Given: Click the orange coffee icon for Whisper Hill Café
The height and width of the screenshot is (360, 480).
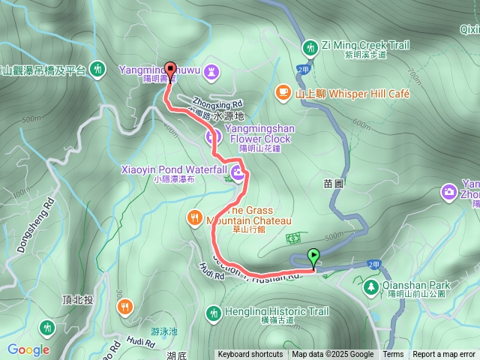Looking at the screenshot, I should click(283, 91).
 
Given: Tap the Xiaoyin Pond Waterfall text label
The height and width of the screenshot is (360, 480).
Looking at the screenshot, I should click(173, 170).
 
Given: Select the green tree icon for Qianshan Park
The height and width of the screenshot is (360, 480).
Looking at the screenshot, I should click(370, 287).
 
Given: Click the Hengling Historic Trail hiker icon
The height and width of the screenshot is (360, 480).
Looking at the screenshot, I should click(214, 312).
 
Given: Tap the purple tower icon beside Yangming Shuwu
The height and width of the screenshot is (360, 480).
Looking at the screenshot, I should click(214, 70).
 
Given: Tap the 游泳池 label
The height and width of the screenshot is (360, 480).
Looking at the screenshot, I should click(164, 331).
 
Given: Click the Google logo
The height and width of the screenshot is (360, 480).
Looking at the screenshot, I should click(28, 349).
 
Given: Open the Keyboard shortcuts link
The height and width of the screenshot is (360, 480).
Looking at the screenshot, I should click(250, 355).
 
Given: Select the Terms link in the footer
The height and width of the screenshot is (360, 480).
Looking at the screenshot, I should click(393, 355).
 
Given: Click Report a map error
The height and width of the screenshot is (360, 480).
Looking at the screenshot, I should click(444, 355).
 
